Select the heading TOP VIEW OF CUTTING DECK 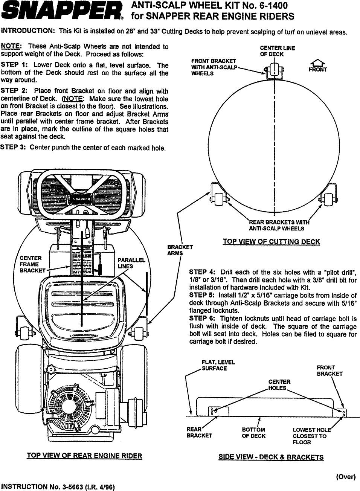pos(271,241)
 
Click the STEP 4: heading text pos(202,272)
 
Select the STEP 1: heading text pos(14,65)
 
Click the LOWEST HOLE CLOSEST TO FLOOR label pos(311,436)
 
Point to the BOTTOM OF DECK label pos(253,433)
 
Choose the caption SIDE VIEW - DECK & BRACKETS pos(271,457)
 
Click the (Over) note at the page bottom pos(345,477)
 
